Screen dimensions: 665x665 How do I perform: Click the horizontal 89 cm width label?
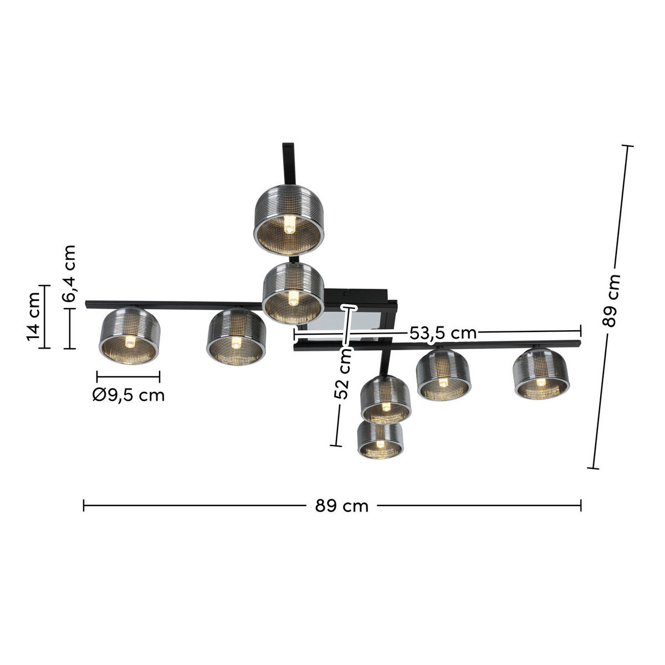coord(341,505)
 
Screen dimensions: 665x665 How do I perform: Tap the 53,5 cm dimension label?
coord(443,332)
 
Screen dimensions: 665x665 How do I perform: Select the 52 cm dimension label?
coord(342,373)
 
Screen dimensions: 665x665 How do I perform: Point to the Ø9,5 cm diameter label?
coord(129,395)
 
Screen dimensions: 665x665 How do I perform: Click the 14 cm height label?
coord(33,317)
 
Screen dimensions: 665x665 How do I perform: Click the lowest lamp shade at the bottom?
coord(380,440)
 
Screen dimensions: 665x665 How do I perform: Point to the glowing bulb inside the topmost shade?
coord(289,224)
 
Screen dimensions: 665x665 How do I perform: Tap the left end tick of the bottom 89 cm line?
coord(84,505)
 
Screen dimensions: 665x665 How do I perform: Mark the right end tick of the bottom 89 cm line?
coord(581,505)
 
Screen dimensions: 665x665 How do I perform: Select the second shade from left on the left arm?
coord(237,338)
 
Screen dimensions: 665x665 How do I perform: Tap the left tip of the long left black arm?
coord(88,304)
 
